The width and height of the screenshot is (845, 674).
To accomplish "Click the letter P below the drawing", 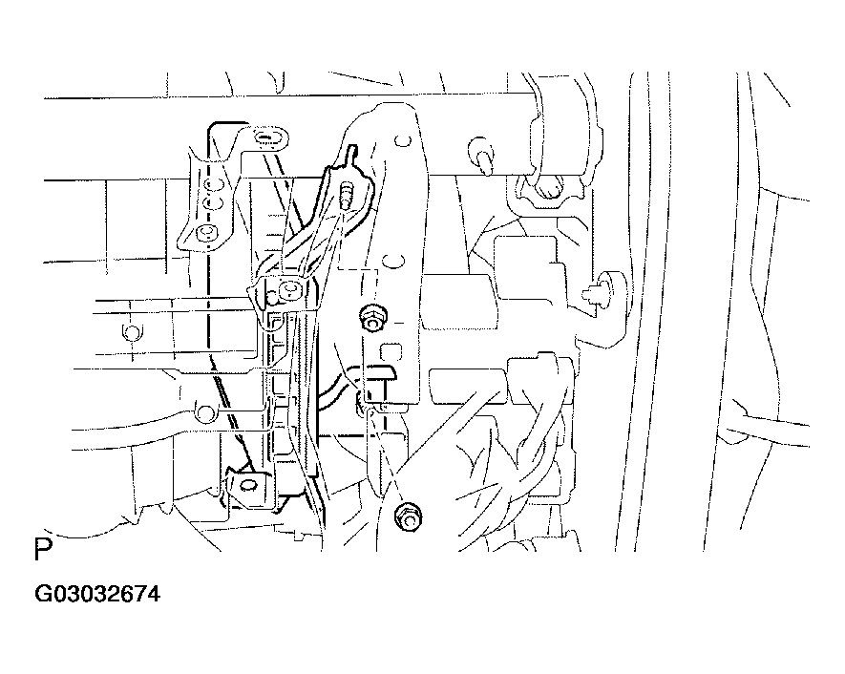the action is (x=43, y=550).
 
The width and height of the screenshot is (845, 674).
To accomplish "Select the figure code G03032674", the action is (x=97, y=594).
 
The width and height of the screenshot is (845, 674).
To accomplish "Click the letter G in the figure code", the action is (x=43, y=594).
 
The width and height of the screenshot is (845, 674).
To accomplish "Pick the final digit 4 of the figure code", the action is (x=153, y=594).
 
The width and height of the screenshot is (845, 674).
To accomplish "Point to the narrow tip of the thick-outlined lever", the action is (x=351, y=152).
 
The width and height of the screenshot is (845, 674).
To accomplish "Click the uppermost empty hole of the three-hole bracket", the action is (x=216, y=186).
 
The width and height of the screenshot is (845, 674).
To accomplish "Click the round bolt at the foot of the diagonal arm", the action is (x=290, y=290).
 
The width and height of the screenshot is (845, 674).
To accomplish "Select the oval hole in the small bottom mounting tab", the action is (x=248, y=485).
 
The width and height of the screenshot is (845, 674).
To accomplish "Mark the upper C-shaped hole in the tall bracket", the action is (x=401, y=141).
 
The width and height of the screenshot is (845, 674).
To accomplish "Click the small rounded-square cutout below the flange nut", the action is (x=391, y=352).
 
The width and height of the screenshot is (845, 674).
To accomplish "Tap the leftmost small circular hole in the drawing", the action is (x=131, y=332).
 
